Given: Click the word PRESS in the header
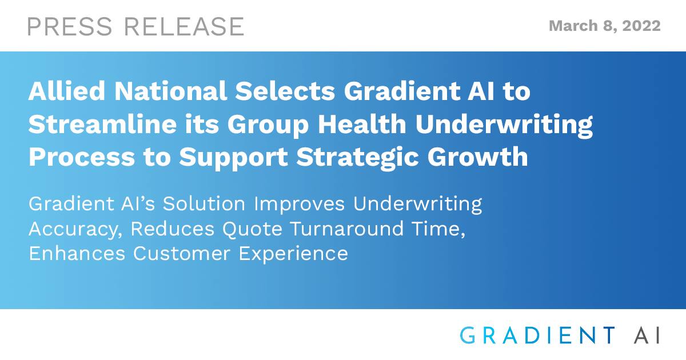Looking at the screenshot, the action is point(70,27).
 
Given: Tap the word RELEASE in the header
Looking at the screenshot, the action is point(184,27).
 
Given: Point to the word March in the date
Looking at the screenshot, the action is point(573,26).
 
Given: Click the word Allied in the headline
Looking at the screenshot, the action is point(67,91).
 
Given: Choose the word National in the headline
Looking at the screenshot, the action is point(170,91).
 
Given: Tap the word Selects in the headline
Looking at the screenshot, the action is point(285,91).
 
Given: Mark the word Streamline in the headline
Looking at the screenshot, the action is point(102,124).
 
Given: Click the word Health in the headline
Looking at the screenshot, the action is point(362,124).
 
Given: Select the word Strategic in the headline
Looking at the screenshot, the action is point(357,157).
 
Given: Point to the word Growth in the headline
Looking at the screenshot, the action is point(478,157).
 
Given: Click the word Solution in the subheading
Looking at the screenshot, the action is point(204,203).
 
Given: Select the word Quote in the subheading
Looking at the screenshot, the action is point(252,230).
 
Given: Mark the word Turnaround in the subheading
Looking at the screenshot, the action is point(346,229).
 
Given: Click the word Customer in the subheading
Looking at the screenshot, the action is point(181,254).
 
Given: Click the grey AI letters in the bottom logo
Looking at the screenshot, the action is point(647,335).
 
